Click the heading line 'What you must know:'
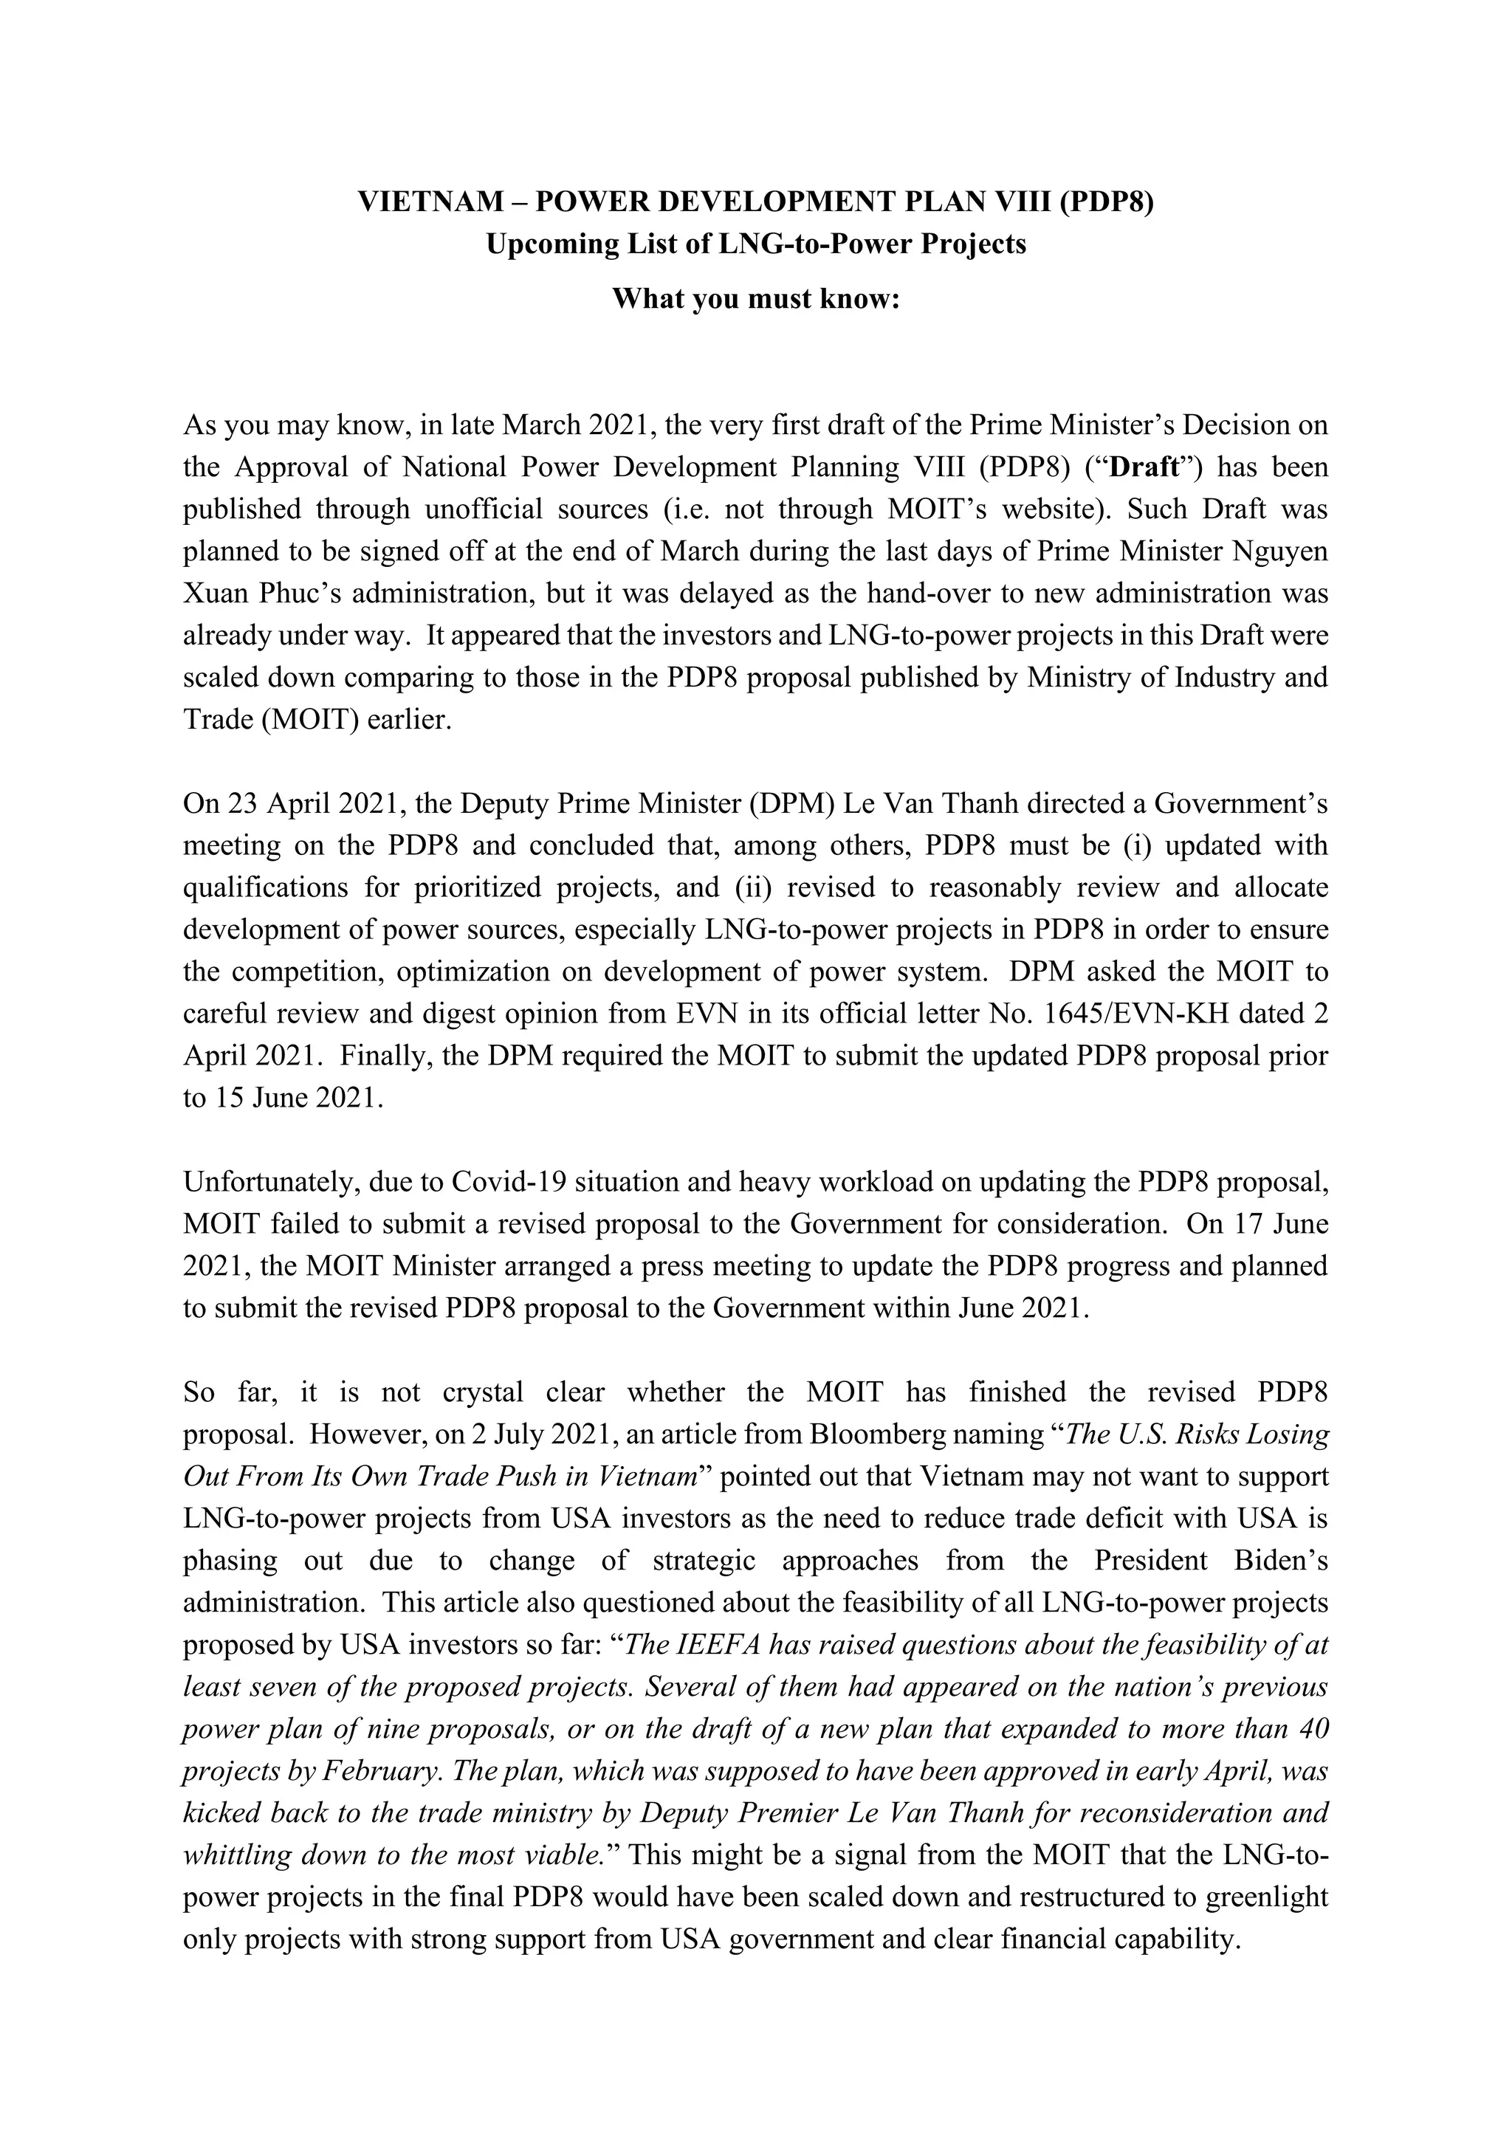click(x=755, y=299)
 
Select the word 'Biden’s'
click(x=1280, y=1561)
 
